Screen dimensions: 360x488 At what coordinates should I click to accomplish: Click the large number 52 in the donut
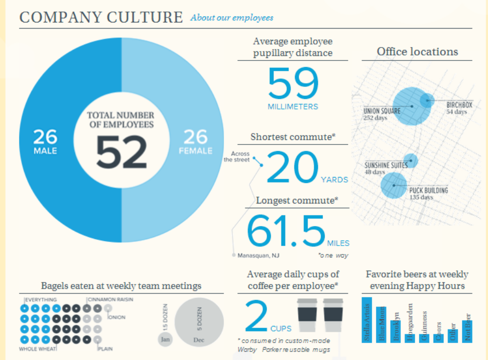coord(121,152)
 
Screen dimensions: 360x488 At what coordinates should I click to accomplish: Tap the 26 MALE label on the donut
coord(45,141)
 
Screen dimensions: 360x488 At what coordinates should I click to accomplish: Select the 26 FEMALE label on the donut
coord(195,141)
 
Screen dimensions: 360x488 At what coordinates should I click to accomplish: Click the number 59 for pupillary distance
coord(292,83)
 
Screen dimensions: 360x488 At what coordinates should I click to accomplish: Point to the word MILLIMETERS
coord(292,106)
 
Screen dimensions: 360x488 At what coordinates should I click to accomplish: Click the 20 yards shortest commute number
coord(292,168)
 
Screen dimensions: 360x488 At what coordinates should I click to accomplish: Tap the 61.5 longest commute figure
coord(285,231)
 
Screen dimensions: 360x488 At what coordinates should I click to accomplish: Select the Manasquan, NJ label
coord(258,255)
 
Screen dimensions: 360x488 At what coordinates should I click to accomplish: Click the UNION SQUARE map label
coord(382,111)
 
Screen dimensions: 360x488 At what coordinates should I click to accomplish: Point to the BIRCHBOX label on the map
coord(459,105)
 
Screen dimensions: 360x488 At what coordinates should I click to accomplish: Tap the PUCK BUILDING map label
coord(428,190)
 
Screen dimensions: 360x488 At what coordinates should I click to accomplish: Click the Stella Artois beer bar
coord(367,320)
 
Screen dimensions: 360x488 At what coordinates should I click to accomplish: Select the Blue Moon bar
coord(381,324)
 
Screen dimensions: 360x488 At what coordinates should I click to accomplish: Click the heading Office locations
coord(417,51)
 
